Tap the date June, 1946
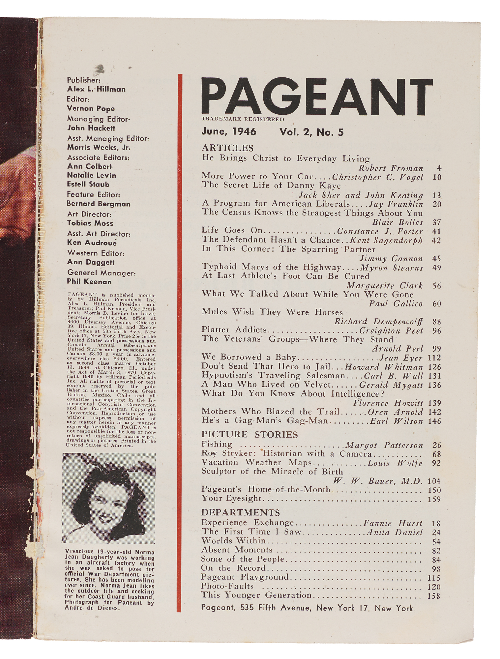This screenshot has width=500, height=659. [229, 132]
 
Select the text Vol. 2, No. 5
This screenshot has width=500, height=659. [311, 132]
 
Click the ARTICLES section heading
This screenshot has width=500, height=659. [227, 148]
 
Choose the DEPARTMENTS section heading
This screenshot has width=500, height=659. [241, 512]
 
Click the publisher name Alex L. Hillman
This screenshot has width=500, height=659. [96, 89]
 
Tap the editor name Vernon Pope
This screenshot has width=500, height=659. [91, 108]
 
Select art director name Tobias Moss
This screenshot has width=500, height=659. [90, 223]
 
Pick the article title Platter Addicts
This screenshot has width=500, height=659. [234, 330]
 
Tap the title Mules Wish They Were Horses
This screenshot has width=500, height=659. [272, 312]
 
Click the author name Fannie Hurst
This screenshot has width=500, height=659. [393, 523]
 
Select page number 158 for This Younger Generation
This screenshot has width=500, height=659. [434, 596]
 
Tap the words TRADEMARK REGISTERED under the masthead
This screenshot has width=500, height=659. [243, 119]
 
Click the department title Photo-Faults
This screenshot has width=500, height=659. [227, 586]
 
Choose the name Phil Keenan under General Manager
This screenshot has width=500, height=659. [89, 282]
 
